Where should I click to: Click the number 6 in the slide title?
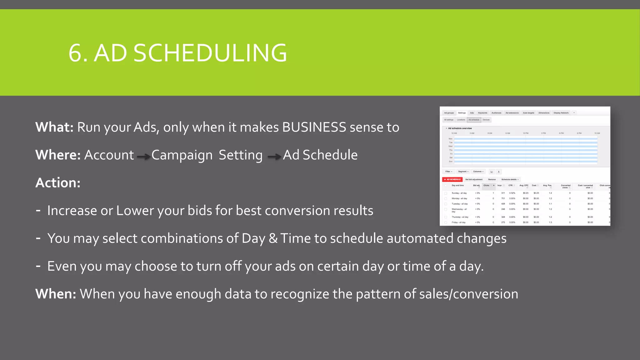coord(76,53)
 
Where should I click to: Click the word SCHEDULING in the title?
coord(210,53)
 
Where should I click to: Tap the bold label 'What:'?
coord(54,127)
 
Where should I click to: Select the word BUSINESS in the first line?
coord(314,127)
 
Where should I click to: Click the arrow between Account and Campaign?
coord(143,157)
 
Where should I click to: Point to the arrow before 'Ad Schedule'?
coord(274,157)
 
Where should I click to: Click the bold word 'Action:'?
coord(58,183)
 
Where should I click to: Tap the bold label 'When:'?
coord(56,294)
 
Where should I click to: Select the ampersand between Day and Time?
coord(273,238)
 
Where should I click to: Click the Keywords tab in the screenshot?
coord(482,113)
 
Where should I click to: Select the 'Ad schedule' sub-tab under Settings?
coord(474,120)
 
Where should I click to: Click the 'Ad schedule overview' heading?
coord(460,128)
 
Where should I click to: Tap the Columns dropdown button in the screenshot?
coord(478,172)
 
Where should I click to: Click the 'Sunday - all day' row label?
coord(459,193)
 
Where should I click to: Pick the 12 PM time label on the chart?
coord(526,133)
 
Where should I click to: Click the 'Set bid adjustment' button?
coord(474,179)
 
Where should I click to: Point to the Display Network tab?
coord(561,113)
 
